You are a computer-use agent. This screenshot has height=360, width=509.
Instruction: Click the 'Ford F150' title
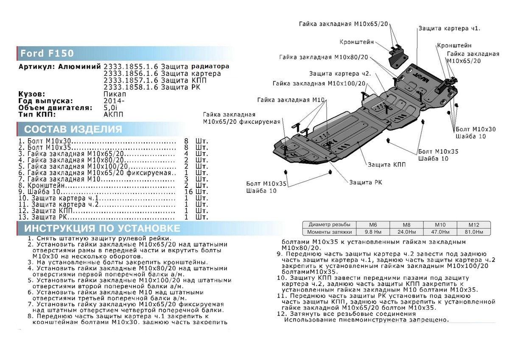pos(47,53)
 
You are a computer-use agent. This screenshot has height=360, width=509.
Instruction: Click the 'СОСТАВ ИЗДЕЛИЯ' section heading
pos(73,129)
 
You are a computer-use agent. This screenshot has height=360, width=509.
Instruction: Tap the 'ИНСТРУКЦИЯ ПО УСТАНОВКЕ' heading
pos(102,229)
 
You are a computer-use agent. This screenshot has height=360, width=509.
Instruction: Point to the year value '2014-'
pos(115,101)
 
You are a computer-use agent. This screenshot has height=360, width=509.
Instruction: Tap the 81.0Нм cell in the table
pos(473,232)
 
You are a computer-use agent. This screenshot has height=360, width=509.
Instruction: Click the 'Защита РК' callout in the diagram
pos(365,182)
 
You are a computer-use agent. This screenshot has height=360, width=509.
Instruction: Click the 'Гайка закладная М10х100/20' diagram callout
pos(325,84)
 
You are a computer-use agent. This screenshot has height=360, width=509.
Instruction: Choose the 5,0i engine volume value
pos(111,108)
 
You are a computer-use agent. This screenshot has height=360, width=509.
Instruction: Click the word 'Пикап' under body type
pos(115,94)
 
